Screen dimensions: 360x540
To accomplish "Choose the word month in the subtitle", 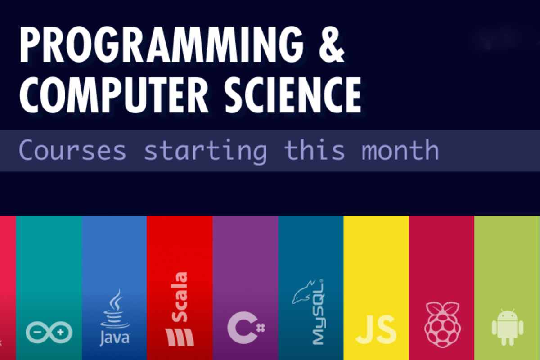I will pyautogui.click(x=400, y=151).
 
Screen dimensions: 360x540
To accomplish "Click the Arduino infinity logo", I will pyautogui.click(x=49, y=333).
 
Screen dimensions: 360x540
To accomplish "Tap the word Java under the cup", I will pyautogui.click(x=114, y=337).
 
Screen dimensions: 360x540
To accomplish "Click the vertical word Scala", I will pyautogui.click(x=180, y=297).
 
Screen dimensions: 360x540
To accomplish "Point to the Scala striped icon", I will pyautogui.click(x=180, y=337).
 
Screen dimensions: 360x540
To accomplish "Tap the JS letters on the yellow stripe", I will pyautogui.click(x=376, y=330).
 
